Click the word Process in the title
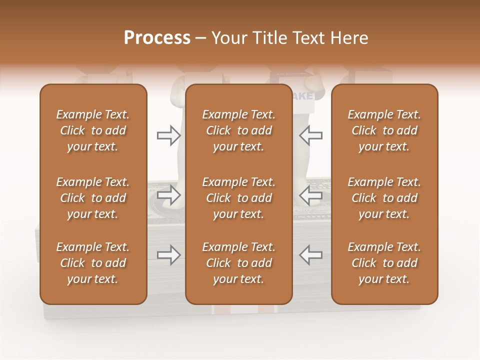pos(157,37)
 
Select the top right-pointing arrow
pos(168,135)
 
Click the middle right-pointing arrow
pos(168,195)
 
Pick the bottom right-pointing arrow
pos(168,255)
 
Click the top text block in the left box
pos(93,130)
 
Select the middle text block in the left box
pos(93,198)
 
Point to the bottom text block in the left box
pos(93,263)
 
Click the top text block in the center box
pos(238,130)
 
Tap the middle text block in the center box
pos(238,198)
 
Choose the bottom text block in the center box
pos(238,263)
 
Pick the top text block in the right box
pos(384,130)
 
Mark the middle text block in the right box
pos(384,198)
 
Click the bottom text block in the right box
pos(384,263)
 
